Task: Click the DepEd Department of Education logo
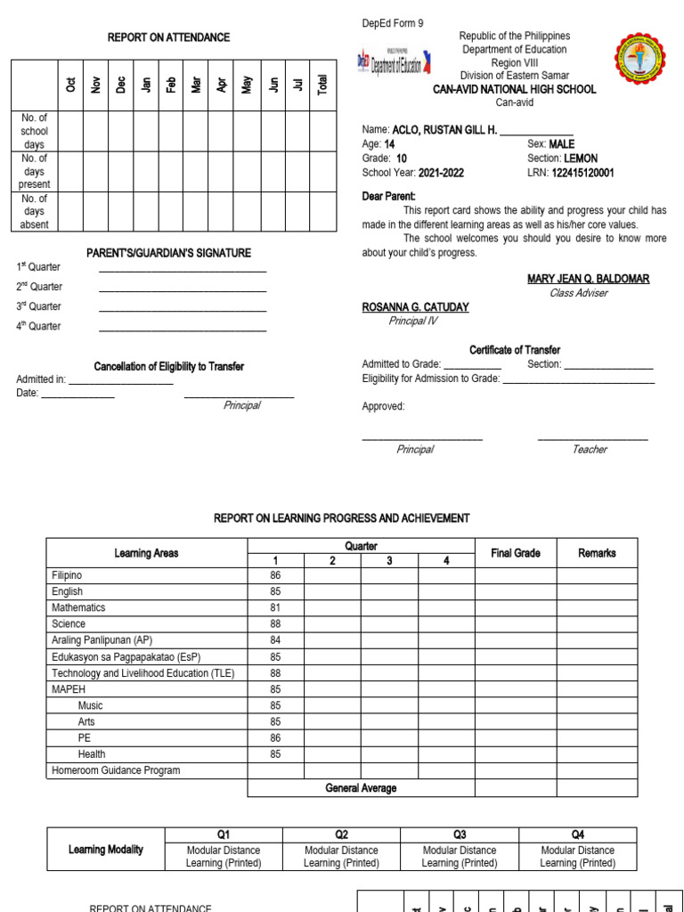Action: coord(391,62)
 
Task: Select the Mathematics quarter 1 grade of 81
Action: coord(275,607)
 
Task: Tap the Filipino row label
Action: coord(67,575)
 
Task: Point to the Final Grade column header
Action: coord(515,553)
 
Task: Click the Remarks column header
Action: coord(597,553)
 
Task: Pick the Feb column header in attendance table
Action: coord(171,85)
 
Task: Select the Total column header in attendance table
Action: coord(322,85)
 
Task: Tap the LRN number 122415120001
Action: coord(582,173)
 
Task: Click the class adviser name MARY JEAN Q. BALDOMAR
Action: coord(588,279)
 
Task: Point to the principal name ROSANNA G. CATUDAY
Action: coord(415,307)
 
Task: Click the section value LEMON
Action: coord(581,159)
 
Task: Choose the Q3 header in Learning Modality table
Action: coord(460,835)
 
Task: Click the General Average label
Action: coord(361,788)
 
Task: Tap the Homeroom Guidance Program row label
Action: coord(116,770)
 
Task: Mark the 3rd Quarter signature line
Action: coord(182,306)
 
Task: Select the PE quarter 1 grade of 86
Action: coord(275,737)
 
